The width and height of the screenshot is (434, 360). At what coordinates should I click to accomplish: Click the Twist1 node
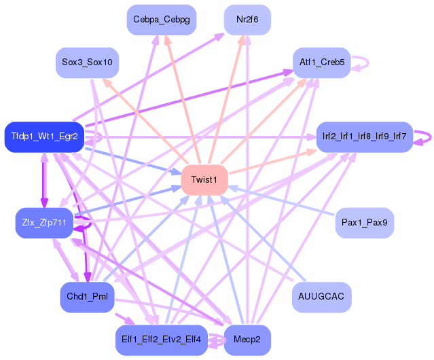[204, 179]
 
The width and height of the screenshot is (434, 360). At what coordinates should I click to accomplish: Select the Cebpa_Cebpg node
[162, 19]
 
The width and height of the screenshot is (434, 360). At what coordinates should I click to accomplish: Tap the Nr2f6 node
[247, 19]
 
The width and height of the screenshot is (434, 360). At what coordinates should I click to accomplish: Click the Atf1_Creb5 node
[321, 62]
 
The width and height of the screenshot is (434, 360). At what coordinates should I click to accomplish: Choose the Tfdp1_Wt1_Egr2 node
[44, 137]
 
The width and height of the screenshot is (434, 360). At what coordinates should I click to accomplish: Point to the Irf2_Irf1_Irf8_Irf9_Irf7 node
[365, 137]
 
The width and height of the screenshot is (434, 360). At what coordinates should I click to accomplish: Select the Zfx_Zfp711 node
[44, 222]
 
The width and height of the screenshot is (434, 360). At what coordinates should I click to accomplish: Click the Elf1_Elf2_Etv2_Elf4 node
[162, 339]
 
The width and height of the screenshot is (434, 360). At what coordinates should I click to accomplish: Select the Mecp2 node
[247, 339]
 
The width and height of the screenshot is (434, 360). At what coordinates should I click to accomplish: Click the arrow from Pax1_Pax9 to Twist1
[285, 201]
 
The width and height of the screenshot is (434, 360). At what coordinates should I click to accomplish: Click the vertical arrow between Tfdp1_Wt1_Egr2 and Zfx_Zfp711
[44, 180]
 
